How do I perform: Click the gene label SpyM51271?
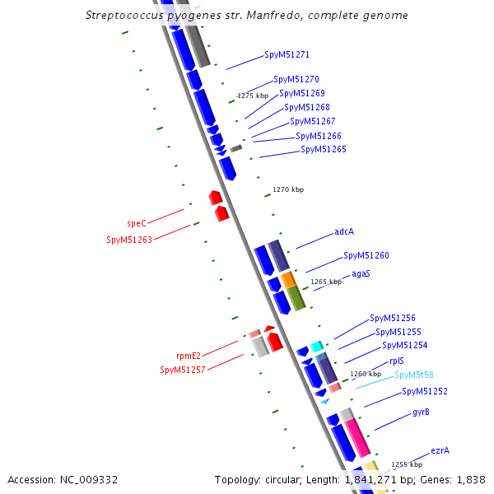(287, 55)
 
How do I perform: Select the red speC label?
(137, 223)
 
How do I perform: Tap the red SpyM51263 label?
(129, 240)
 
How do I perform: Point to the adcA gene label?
(344, 231)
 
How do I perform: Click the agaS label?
(361, 273)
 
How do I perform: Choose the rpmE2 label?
(189, 356)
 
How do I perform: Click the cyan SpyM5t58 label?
(414, 375)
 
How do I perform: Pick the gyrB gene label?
(421, 412)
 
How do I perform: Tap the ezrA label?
(440, 451)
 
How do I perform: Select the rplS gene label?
(396, 361)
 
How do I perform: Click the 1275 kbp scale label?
(253, 96)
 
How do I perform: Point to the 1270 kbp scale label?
(288, 190)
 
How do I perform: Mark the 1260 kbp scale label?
(366, 374)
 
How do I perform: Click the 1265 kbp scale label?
(326, 282)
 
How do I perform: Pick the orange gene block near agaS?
(288, 280)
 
